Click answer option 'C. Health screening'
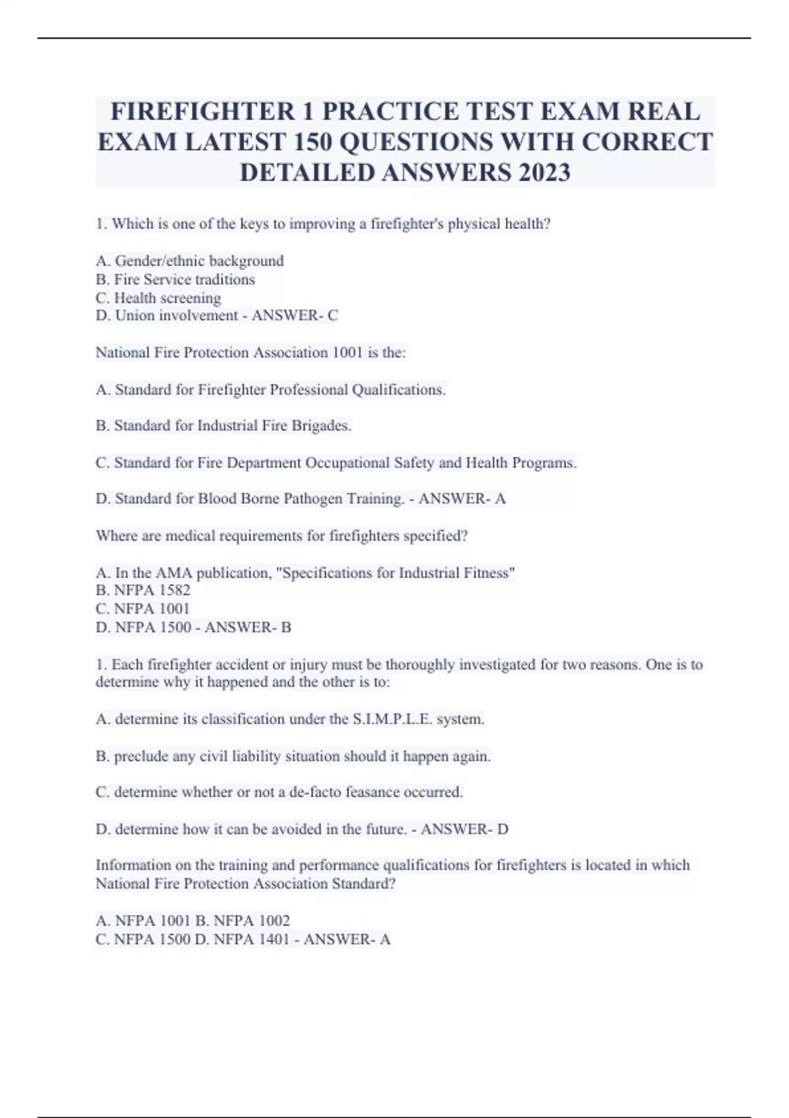pos(158,298)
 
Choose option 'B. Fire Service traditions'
pos(175,279)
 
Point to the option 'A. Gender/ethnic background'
pos(189,261)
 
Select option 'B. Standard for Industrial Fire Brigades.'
pos(224,426)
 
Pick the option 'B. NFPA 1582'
pos(143,591)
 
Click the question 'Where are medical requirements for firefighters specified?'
pos(281,536)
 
